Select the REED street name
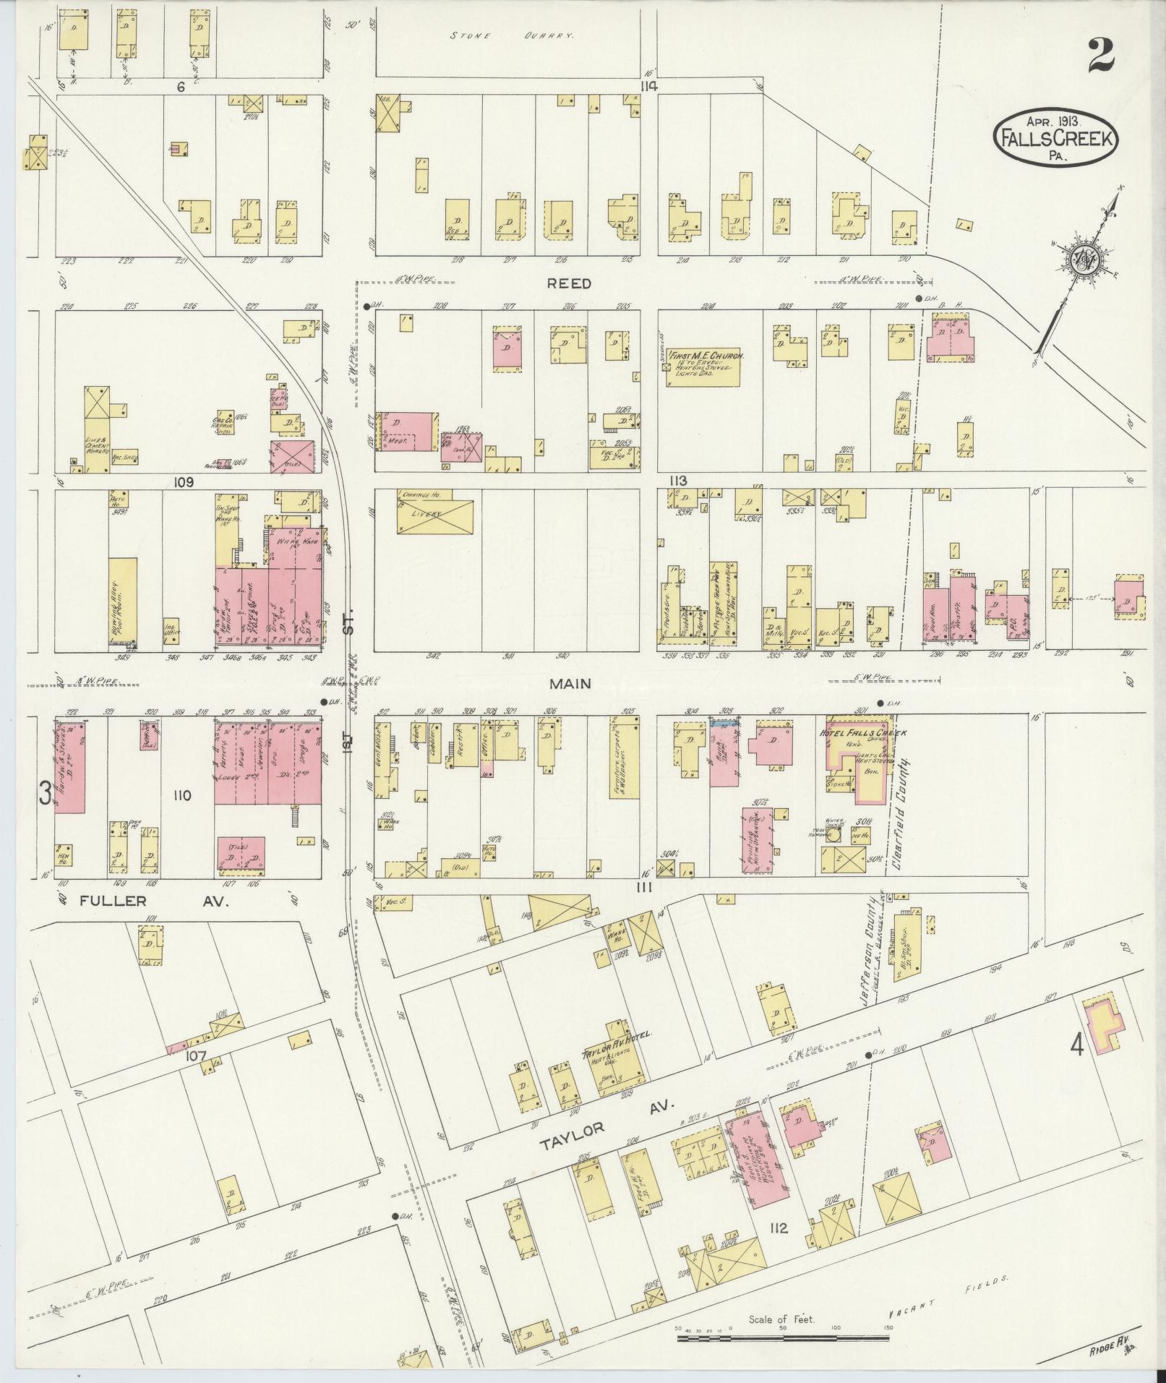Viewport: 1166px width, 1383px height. click(570, 284)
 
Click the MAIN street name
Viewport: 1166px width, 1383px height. click(570, 682)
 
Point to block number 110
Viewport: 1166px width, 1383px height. click(181, 796)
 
